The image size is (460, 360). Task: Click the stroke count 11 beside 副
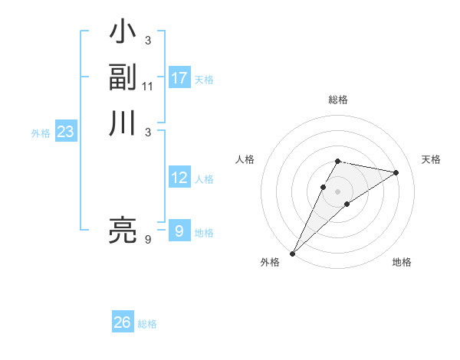click(x=148, y=86)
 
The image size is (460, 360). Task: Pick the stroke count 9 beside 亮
click(x=148, y=240)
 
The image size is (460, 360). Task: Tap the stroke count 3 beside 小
click(x=148, y=40)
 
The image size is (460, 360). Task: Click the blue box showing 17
click(x=179, y=78)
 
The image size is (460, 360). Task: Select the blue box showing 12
click(x=179, y=178)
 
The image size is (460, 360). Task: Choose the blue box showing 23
click(x=66, y=132)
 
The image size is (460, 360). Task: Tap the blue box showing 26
click(x=123, y=322)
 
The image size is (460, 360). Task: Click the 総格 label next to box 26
click(x=147, y=324)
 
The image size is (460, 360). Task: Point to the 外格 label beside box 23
click(x=41, y=133)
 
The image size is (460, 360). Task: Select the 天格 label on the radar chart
click(x=431, y=159)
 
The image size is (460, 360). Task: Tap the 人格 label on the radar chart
click(x=245, y=159)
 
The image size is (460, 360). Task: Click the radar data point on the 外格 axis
click(x=292, y=254)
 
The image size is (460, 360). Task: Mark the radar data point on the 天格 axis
click(x=396, y=172)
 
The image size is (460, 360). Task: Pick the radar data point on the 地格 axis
click(x=347, y=204)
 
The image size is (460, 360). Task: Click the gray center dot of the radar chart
click(x=337, y=191)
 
